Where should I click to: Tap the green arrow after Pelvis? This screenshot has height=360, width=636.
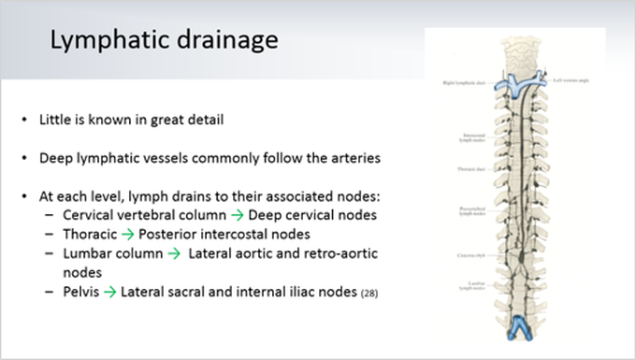pyautogui.click(x=109, y=294)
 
